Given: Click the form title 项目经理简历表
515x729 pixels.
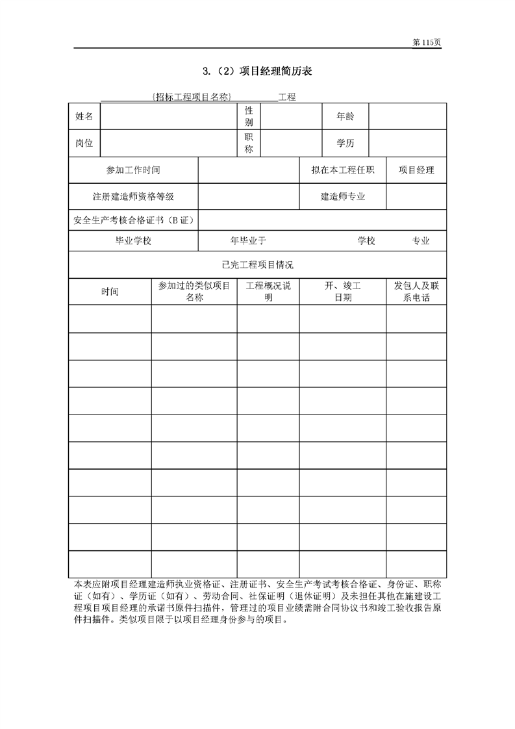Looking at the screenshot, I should [x=258, y=71].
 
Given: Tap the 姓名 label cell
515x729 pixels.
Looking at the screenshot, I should [x=84, y=116].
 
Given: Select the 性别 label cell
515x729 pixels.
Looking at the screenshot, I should [x=249, y=116].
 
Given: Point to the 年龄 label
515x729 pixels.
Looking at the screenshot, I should [x=345, y=116].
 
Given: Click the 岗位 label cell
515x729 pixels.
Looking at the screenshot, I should [x=84, y=143].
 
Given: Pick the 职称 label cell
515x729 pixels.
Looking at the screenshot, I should [x=249, y=143].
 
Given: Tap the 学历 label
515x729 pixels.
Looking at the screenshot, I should [x=345, y=143].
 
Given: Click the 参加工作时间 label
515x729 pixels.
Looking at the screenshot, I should [x=133, y=170].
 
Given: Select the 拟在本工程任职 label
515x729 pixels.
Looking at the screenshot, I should [x=343, y=170].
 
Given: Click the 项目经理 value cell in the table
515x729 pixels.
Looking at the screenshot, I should [x=416, y=170].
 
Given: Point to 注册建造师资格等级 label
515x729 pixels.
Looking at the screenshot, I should [x=133, y=196].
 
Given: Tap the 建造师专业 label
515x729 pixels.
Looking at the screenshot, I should [x=343, y=196].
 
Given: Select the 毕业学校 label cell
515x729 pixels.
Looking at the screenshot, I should [x=133, y=240].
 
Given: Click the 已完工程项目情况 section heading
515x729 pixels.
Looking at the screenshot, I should [x=257, y=264].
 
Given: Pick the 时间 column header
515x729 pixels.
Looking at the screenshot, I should [x=110, y=292].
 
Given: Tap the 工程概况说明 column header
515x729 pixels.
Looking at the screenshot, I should [x=268, y=292].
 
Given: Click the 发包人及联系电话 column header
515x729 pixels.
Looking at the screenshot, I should [x=416, y=292].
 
